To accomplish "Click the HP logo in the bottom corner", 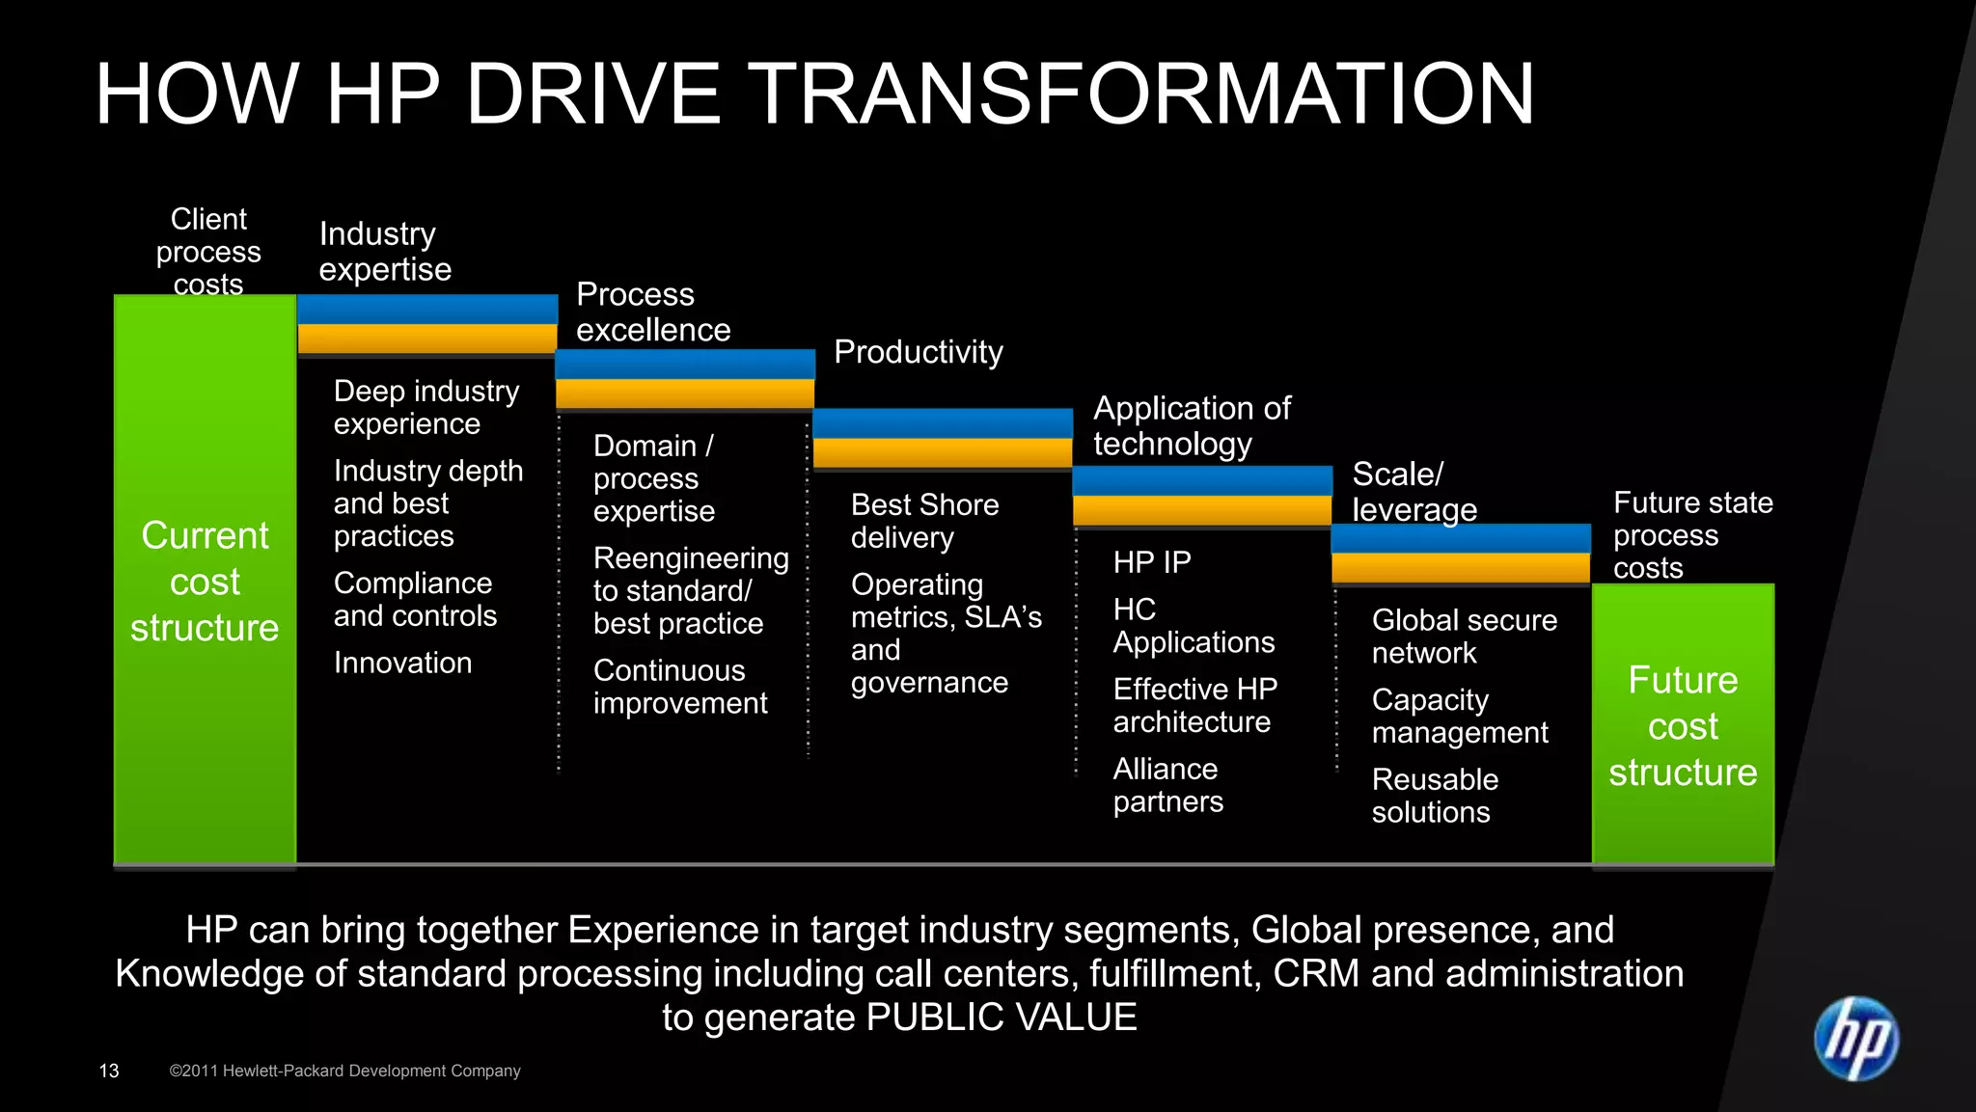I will pos(1855,1039).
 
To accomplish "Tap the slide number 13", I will pos(109,1071).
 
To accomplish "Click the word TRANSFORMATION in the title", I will pos(1140,95).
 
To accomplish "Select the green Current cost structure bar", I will pos(205,579).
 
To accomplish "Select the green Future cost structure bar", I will pos(1683,723).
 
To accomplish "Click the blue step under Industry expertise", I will pos(427,310).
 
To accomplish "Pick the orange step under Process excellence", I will pos(685,393).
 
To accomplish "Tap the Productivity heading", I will pos(918,352).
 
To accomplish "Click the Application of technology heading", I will pos(1191,425).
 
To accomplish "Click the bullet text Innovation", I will pos(402,663).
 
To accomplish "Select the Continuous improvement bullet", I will pos(679,687).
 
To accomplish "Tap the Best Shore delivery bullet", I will pos(924,521).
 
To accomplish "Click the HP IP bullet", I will pos(1151,562).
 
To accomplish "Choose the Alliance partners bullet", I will pos(1167,785).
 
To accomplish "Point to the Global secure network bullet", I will pos(1464,637).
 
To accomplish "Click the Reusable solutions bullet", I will pos(1435,796).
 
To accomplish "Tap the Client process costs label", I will pos(208,252).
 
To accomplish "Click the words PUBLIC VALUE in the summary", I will pos(1001,1017).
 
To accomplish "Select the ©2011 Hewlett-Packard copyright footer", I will pos(344,1071).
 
